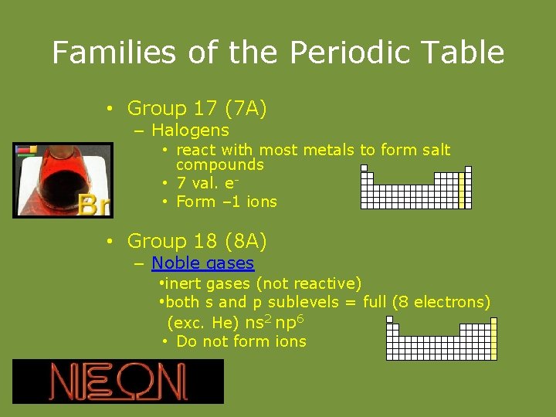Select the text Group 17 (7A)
[x=197, y=109]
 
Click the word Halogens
[x=190, y=131]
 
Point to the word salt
[x=433, y=150]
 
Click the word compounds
[x=220, y=164]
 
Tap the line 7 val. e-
[x=207, y=184]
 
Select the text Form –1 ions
[x=226, y=202]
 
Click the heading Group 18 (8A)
[x=197, y=242]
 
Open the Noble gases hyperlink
[x=202, y=263]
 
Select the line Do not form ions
[x=241, y=341]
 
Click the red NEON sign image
[x=118, y=381]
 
